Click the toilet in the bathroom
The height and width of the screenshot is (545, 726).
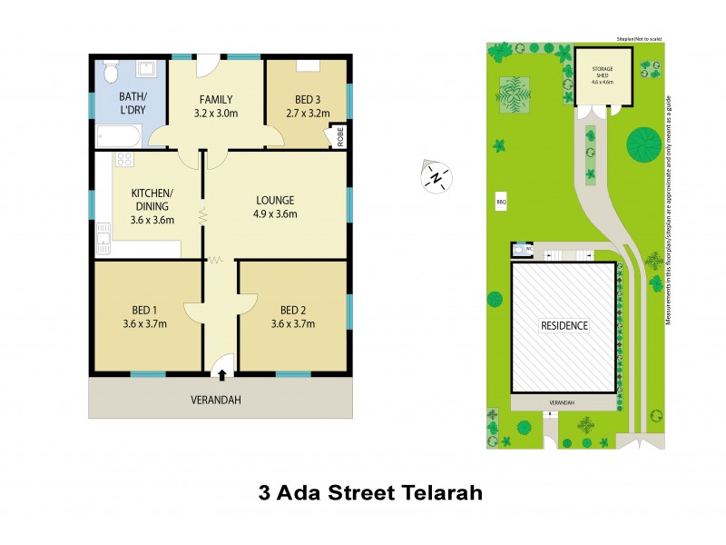[x=109, y=70]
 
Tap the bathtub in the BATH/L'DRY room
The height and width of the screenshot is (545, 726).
[x=119, y=138]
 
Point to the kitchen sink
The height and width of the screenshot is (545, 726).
[x=103, y=243]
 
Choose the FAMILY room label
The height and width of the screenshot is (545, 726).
[x=215, y=100]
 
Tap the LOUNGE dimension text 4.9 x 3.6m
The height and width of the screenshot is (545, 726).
[x=275, y=214]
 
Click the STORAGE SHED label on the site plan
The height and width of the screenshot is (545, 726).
[x=603, y=69]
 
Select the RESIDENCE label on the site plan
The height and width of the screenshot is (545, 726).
[x=564, y=325]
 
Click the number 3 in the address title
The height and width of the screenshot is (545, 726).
[x=265, y=495]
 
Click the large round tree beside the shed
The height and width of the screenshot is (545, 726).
[x=644, y=141]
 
